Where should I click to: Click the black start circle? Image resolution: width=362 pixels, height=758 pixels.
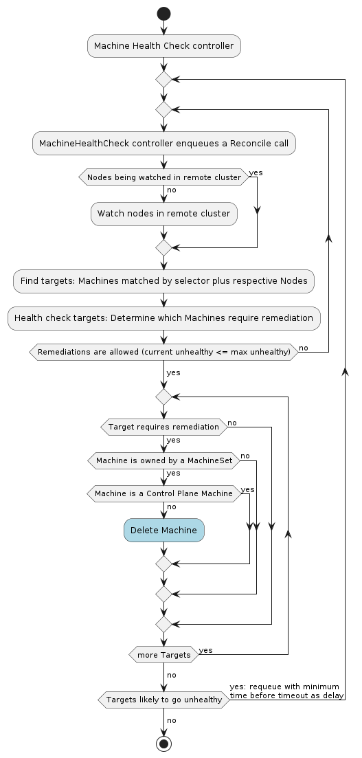(x=164, y=14)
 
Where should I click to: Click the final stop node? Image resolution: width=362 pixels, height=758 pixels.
(x=164, y=744)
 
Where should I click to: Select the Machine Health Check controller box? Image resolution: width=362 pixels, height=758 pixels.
(x=164, y=46)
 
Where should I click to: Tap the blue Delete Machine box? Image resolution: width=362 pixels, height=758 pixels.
(x=164, y=531)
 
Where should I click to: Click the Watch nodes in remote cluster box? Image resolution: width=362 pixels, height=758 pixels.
(x=164, y=214)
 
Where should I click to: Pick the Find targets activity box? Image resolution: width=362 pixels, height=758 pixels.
(x=164, y=281)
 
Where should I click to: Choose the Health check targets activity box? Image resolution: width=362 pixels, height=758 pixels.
(x=164, y=318)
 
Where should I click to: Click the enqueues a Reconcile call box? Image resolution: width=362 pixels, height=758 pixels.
(x=164, y=143)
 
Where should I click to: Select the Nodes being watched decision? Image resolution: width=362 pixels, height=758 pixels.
(x=164, y=177)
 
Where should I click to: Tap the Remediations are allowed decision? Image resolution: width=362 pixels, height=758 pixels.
(x=164, y=352)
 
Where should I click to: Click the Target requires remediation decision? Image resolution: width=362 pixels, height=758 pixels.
(x=164, y=427)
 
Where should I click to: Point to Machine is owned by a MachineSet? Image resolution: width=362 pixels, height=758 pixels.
(x=164, y=460)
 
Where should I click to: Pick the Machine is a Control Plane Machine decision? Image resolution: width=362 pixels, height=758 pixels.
(x=164, y=493)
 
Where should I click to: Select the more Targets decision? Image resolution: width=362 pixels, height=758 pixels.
(x=164, y=655)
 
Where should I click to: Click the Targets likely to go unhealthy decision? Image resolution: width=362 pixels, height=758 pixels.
(x=164, y=700)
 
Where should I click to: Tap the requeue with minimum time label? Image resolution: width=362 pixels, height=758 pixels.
(x=286, y=691)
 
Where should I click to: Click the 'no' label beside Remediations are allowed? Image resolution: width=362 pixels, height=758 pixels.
(x=304, y=348)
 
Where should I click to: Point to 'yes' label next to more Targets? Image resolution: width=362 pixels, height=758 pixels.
(x=205, y=651)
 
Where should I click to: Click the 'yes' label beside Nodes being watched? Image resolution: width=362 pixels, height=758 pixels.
(x=256, y=172)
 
